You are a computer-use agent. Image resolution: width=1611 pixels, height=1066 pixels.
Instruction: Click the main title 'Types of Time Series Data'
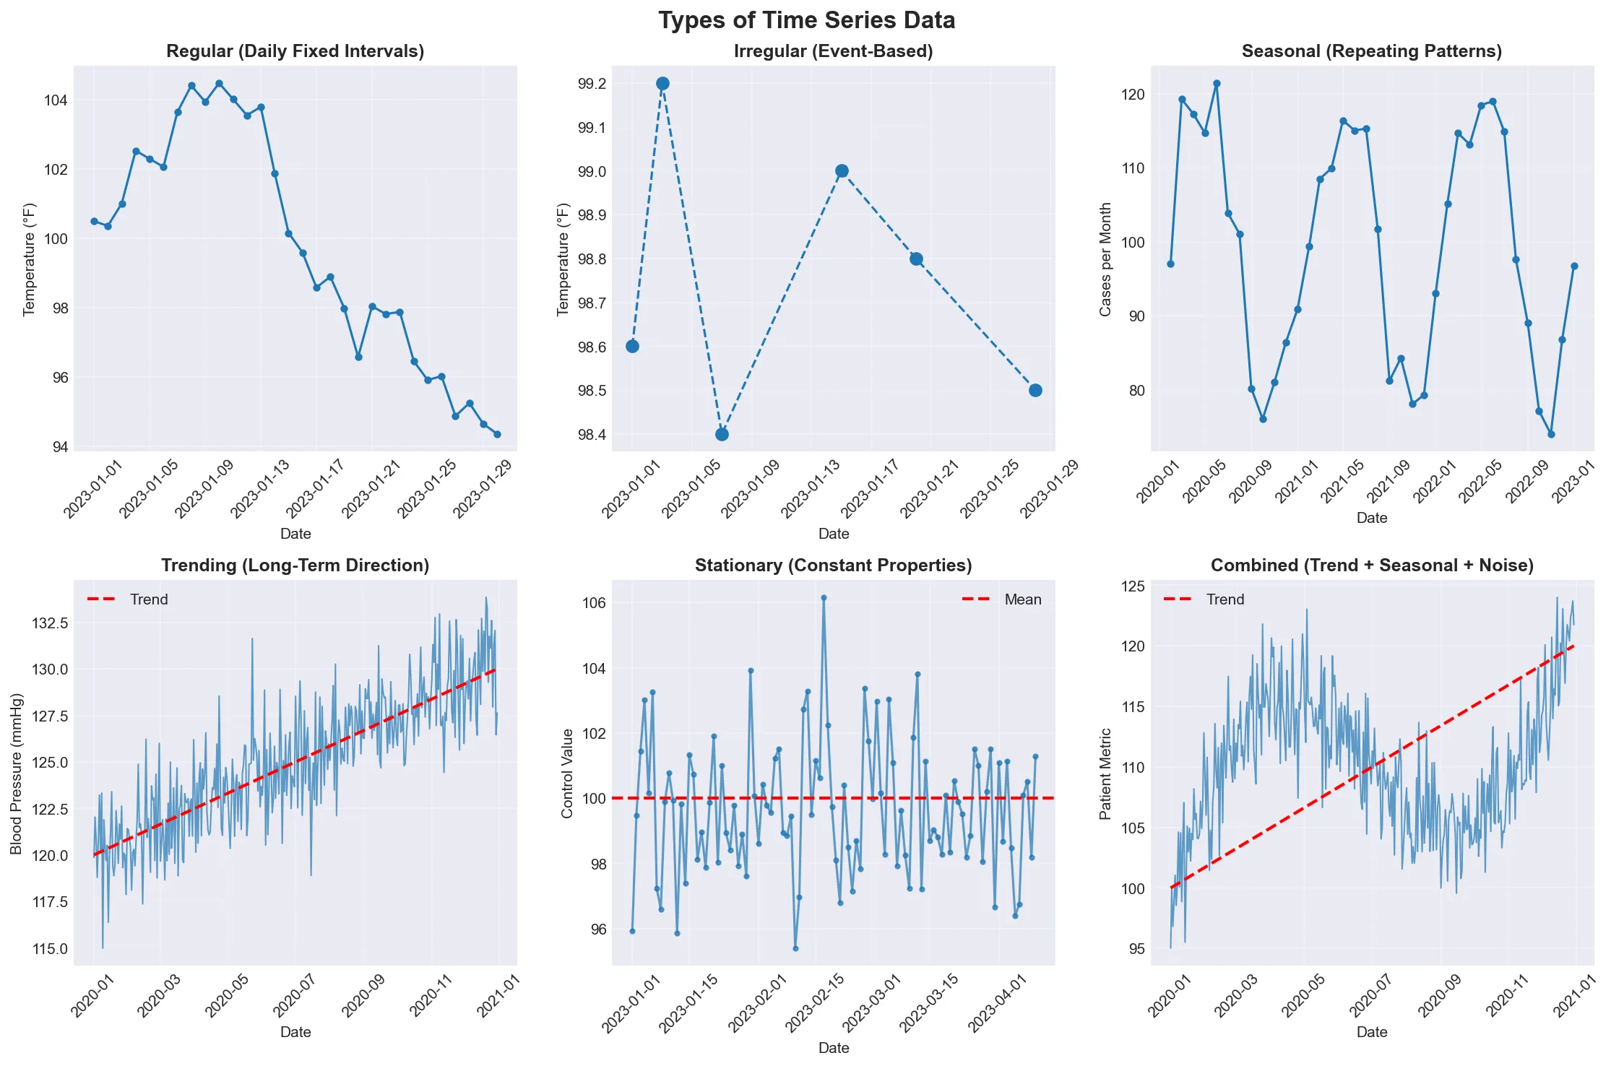[x=806, y=20]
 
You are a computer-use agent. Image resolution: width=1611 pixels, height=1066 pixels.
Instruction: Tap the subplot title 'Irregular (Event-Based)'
[x=833, y=51]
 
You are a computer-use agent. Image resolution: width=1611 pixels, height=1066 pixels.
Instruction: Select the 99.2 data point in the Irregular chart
[x=662, y=84]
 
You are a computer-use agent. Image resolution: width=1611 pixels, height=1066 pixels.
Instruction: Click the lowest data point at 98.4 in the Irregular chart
[x=722, y=434]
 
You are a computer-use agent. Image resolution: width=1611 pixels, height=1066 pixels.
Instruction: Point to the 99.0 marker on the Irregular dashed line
[x=842, y=171]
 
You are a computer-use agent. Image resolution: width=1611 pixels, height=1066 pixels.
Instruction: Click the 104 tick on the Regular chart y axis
[x=56, y=100]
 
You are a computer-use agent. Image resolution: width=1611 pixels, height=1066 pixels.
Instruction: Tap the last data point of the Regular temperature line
[x=497, y=434]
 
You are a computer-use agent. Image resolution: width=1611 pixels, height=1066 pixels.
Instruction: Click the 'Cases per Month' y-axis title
[x=1105, y=259]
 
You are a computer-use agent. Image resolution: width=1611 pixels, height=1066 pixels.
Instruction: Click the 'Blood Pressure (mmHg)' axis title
[x=17, y=773]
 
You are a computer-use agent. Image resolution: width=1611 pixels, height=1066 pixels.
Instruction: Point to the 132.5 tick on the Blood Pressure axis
[x=50, y=623]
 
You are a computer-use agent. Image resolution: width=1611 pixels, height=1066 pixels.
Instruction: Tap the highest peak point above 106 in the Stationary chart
[x=824, y=598]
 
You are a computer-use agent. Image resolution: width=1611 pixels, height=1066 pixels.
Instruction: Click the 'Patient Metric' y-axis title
[x=1105, y=773]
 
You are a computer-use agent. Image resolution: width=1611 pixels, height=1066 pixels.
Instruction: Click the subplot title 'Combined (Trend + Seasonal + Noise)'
[x=1371, y=565]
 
